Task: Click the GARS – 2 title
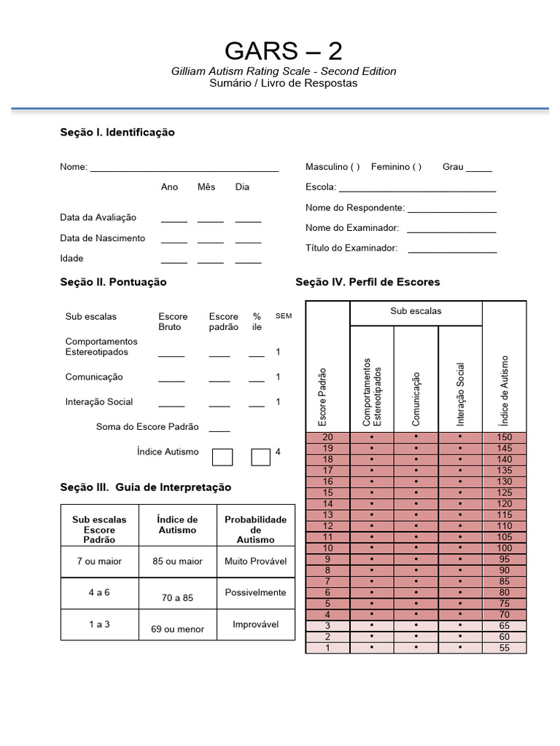[283, 51]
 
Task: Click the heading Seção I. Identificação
[117, 133]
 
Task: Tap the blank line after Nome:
[184, 168]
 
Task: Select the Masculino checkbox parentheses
[354, 167]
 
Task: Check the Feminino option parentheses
[416, 167]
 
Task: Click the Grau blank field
[478, 168]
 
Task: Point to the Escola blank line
[417, 189]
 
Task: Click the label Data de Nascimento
[102, 238]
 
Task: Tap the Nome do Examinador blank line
[451, 229]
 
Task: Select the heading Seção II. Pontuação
[113, 282]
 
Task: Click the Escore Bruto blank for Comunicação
[171, 379]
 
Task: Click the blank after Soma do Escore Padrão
[219, 428]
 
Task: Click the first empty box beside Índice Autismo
[222, 457]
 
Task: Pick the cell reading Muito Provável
[255, 562]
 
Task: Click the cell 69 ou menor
[177, 629]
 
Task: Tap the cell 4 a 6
[98, 592]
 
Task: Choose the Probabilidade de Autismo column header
[255, 529]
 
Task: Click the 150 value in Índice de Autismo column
[504, 437]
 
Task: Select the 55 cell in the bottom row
[504, 648]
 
